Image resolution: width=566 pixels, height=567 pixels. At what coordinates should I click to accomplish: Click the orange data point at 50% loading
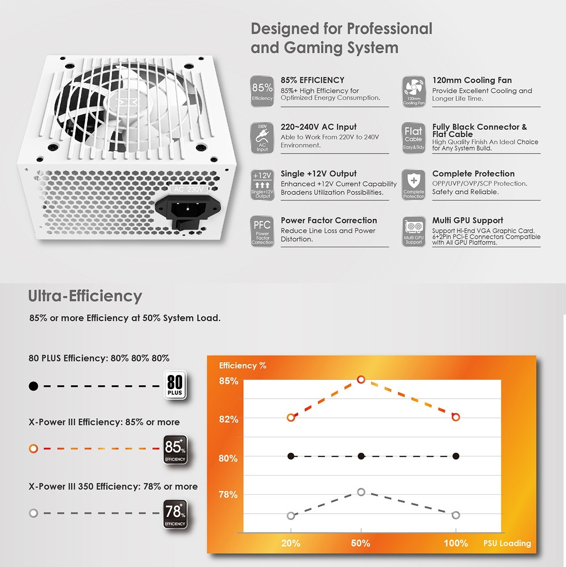tap(361, 379)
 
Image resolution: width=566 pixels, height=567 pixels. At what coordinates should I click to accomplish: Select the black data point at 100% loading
tap(456, 456)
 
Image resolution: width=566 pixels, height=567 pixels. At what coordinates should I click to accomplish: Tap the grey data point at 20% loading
tap(291, 515)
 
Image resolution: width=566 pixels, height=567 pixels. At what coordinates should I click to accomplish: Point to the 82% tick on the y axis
tap(228, 419)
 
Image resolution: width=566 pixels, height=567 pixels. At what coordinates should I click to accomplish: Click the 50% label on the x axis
tap(360, 543)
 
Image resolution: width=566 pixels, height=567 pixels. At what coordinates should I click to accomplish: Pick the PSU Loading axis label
tap(507, 543)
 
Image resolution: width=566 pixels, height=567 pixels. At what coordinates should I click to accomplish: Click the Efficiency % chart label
tap(242, 366)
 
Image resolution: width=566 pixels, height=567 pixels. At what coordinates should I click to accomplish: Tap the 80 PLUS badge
tap(175, 385)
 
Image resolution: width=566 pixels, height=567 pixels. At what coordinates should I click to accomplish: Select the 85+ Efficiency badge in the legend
tap(175, 450)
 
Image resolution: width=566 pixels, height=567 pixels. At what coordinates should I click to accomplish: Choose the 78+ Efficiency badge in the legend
tap(175, 514)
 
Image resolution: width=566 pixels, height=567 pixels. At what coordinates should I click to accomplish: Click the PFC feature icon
tap(262, 232)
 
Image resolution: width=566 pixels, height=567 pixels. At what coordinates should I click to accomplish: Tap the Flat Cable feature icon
tap(414, 138)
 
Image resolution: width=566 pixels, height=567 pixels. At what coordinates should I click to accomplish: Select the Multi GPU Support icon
tap(414, 232)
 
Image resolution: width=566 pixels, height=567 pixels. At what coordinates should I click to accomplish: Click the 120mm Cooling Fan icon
tap(414, 91)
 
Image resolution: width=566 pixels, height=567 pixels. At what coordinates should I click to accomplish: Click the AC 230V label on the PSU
tap(189, 189)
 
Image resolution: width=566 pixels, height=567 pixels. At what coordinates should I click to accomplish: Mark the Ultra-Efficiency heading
tap(85, 296)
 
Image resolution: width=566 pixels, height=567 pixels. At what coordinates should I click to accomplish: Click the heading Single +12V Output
tap(318, 174)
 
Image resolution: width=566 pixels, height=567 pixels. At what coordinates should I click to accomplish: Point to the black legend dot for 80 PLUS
tap(33, 386)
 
